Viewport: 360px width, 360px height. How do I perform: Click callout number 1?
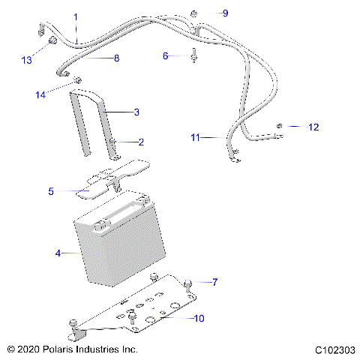click(75, 16)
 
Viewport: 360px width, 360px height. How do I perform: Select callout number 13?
click(27, 60)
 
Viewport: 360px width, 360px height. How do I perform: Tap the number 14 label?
click(40, 94)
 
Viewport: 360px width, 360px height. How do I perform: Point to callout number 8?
click(116, 58)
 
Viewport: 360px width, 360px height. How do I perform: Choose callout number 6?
click(166, 55)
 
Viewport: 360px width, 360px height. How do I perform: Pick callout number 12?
click(313, 127)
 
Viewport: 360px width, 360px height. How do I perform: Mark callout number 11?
click(195, 137)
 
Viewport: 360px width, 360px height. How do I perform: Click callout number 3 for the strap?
click(136, 112)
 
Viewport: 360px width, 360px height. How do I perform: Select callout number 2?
click(140, 141)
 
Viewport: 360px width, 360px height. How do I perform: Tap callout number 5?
click(51, 192)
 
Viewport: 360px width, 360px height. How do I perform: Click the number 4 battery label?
click(58, 253)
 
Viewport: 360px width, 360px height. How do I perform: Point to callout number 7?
click(215, 283)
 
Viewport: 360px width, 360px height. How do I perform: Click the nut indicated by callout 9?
click(193, 13)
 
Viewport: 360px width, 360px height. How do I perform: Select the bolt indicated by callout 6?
click(193, 55)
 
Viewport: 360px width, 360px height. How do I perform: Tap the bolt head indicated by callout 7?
click(187, 282)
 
